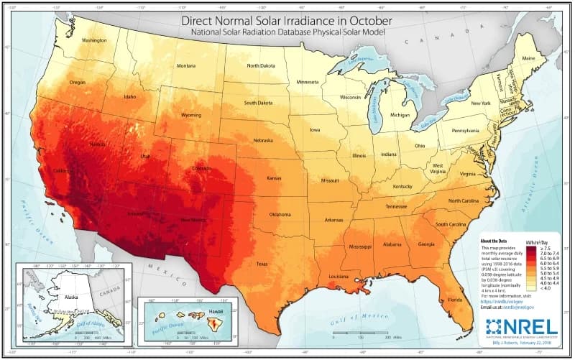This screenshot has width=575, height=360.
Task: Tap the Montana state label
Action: point(186,66)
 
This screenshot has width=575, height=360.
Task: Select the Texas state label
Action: point(261,264)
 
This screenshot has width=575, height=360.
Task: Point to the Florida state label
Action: point(455,299)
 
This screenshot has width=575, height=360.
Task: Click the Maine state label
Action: point(529,57)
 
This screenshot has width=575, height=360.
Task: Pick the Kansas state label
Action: point(274,177)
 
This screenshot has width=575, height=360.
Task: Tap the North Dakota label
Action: point(262,65)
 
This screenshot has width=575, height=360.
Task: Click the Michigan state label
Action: point(400,114)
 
